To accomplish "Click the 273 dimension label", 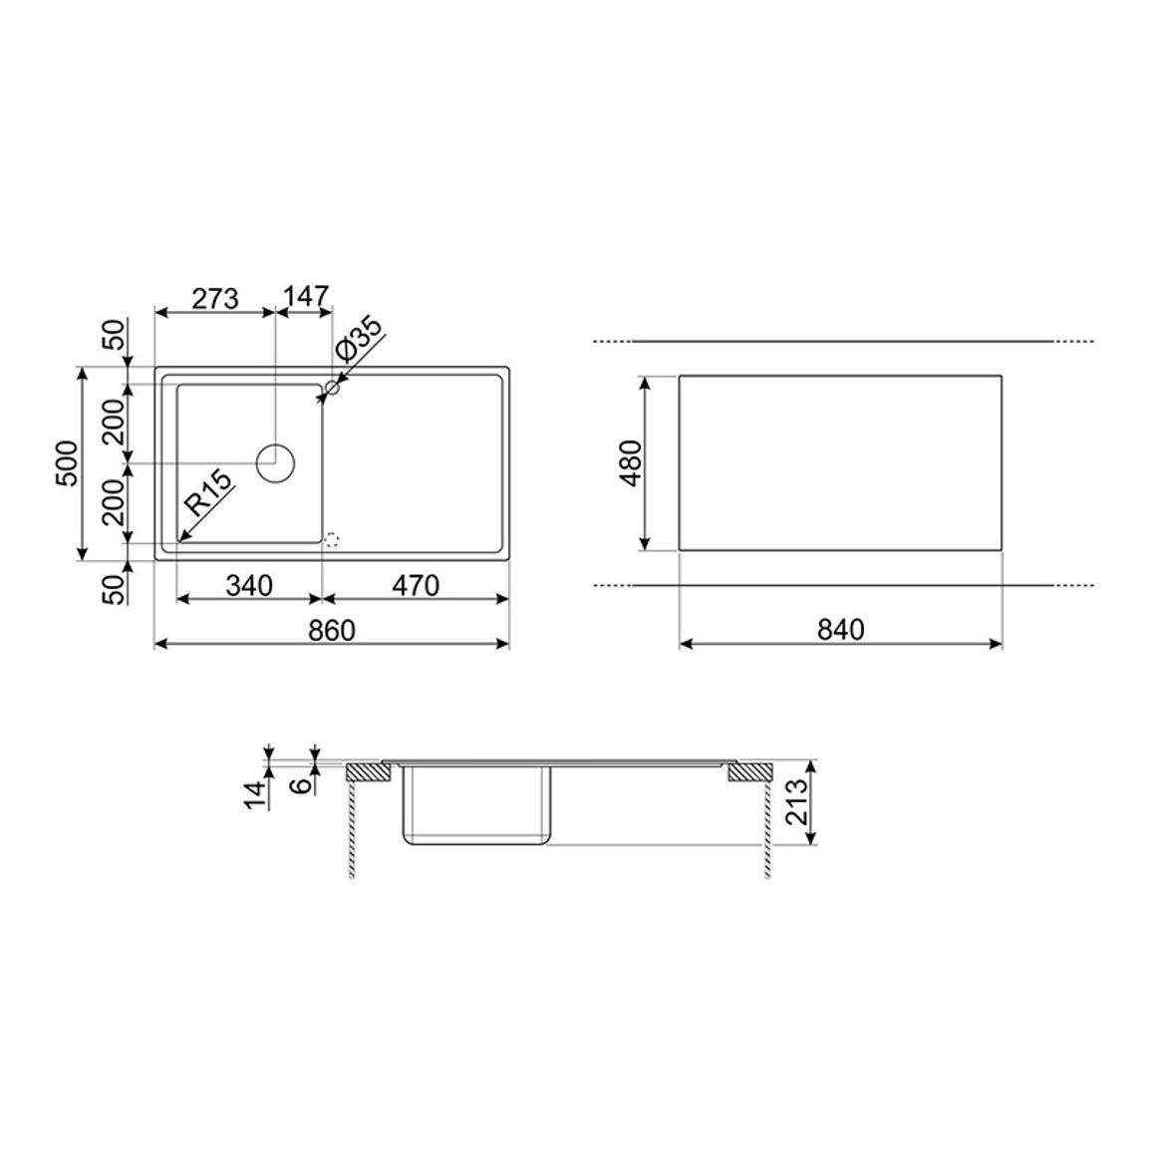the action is click(215, 298).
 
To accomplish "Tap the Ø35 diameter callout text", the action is click(359, 339).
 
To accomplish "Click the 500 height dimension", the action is click(66, 463).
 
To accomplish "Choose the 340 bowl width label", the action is click(249, 586).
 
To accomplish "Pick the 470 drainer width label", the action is click(416, 586).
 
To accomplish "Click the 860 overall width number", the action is click(331, 631).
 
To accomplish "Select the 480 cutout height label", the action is click(631, 463).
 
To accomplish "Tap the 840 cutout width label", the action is click(840, 631).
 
